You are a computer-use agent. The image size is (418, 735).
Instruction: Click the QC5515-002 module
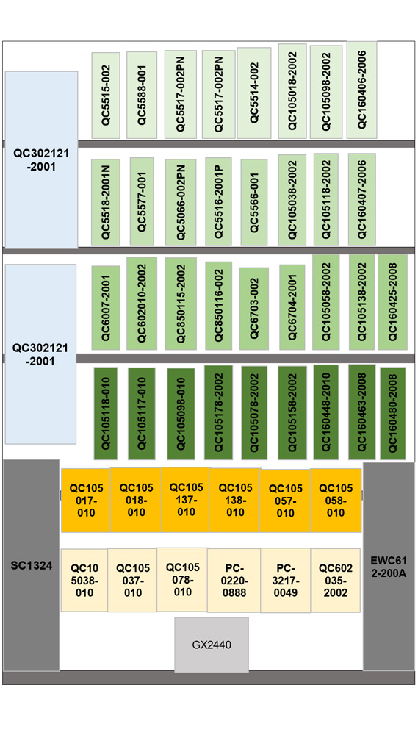tap(106, 95)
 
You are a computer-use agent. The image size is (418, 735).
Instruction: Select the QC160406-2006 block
tap(361, 90)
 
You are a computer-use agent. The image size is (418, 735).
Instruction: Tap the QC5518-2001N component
tap(106, 203)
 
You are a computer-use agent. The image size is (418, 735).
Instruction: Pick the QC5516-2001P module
tap(218, 201)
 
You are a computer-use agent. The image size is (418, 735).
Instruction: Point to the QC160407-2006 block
tap(361, 200)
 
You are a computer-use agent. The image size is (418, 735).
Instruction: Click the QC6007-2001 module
tap(106, 308)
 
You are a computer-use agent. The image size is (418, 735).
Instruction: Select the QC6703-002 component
tap(254, 309)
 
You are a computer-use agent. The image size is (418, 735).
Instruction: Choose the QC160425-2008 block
tap(393, 302)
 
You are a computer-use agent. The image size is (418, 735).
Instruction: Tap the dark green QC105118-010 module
tap(106, 413)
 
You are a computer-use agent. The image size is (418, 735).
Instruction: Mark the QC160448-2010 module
tap(325, 412)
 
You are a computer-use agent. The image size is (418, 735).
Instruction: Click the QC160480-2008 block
tap(393, 413)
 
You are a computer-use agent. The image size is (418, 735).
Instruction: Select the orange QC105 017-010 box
tap(86, 500)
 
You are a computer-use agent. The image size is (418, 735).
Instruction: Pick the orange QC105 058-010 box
tap(336, 500)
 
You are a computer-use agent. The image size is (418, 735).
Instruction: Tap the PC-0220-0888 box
tap(234, 581)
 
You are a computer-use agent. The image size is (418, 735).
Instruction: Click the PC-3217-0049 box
tap(286, 581)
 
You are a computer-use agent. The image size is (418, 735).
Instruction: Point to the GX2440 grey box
tap(212, 645)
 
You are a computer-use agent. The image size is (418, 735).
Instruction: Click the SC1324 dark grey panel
tap(32, 565)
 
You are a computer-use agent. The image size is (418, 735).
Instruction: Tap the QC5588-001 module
tap(142, 95)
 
